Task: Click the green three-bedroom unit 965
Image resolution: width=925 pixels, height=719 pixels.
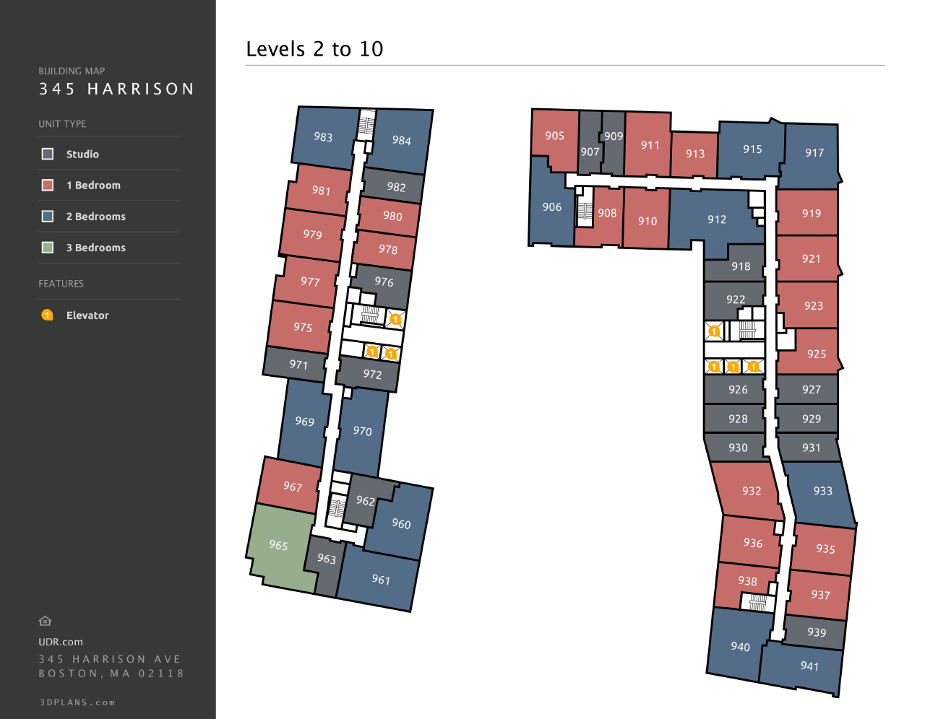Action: pyautogui.click(x=278, y=545)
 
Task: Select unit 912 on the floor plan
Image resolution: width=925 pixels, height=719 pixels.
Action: pyautogui.click(x=716, y=219)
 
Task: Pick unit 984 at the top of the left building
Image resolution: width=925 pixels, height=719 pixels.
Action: pyautogui.click(x=401, y=140)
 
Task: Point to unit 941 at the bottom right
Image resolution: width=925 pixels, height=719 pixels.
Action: pyautogui.click(x=809, y=666)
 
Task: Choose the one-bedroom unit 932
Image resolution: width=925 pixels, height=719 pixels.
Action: pyautogui.click(x=752, y=491)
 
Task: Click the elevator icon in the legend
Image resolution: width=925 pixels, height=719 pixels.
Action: pyautogui.click(x=47, y=315)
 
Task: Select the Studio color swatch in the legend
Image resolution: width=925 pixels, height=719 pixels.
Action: pyautogui.click(x=48, y=154)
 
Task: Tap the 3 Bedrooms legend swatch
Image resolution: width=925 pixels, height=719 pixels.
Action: pyautogui.click(x=48, y=248)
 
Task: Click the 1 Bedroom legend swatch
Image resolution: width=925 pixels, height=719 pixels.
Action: pyautogui.click(x=48, y=185)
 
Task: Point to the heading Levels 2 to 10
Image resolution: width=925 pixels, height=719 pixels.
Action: pyautogui.click(x=314, y=49)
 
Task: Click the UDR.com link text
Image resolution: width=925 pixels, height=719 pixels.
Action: pyautogui.click(x=61, y=642)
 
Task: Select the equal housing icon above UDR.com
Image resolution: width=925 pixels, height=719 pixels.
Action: pyautogui.click(x=45, y=621)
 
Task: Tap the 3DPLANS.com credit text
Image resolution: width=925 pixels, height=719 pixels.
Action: pyautogui.click(x=77, y=702)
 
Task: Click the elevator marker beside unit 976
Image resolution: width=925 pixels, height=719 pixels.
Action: pyautogui.click(x=395, y=319)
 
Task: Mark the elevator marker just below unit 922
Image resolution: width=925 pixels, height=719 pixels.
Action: pyautogui.click(x=714, y=331)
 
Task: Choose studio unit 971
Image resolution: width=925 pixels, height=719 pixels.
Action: pyautogui.click(x=298, y=365)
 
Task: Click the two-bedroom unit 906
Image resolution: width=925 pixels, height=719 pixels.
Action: pyautogui.click(x=551, y=207)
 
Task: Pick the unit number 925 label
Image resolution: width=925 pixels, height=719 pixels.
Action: pyautogui.click(x=817, y=354)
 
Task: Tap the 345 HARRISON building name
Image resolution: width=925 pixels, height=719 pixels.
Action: pyautogui.click(x=116, y=89)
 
